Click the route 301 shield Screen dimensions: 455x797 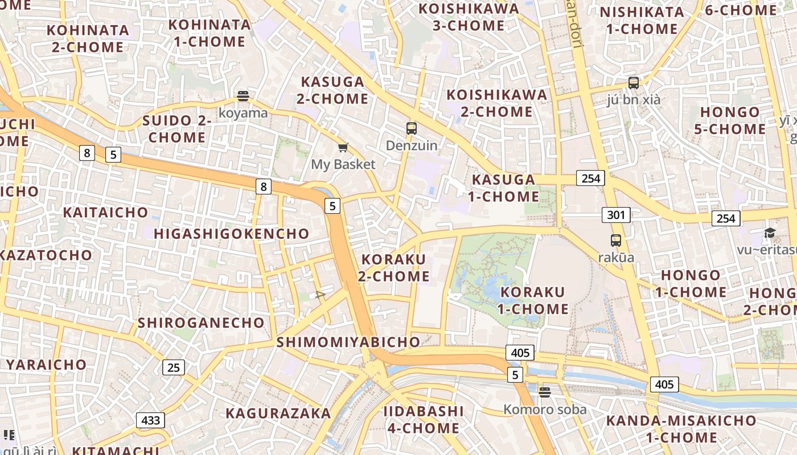coord(615,215)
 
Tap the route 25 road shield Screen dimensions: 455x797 coord(174,367)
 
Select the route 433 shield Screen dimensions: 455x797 coord(150,420)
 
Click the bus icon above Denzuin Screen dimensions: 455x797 coord(412,129)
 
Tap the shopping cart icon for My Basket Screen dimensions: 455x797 coord(343,148)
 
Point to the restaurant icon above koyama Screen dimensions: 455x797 coord(243,96)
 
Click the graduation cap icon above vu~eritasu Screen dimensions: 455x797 coord(770,233)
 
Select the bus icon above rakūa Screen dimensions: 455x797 coord(615,240)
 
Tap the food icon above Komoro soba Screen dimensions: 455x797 coord(544,392)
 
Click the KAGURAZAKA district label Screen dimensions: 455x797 coord(278,413)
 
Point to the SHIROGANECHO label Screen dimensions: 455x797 coord(202,322)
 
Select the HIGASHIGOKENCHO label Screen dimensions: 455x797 coord(231,234)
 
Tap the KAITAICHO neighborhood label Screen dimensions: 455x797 coord(105,212)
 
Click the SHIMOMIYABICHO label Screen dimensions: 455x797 coord(348,342)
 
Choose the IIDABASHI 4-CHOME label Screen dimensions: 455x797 coord(424,419)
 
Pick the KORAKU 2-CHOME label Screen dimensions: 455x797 coord(393,268)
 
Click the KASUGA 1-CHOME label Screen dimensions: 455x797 coord(504,188)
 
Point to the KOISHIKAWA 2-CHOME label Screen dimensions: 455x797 coord(496,103)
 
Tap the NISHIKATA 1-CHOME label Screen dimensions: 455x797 coord(642,20)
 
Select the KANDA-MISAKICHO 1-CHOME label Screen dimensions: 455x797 coord(681,429)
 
